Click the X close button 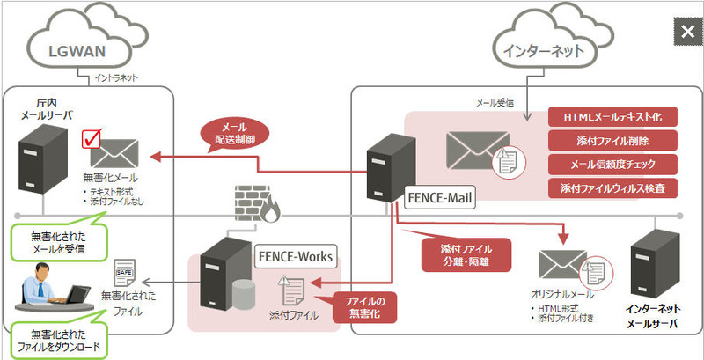pos(686,33)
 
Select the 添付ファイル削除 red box pos(612,140)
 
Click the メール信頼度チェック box pos(612,163)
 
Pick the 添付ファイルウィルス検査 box pos(612,187)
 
